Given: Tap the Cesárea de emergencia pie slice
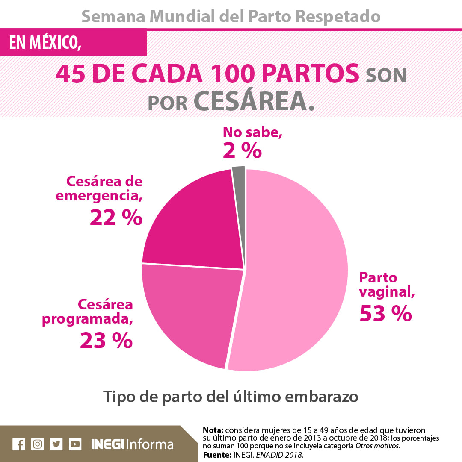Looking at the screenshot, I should point(197,222).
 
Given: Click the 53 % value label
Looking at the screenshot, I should point(385,313).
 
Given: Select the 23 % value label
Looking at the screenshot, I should point(106,341).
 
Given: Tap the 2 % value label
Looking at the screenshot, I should point(242,150).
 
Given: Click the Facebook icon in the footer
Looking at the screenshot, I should point(19,444).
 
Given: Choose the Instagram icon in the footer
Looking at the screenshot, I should point(38,444).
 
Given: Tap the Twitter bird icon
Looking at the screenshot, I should point(56,444).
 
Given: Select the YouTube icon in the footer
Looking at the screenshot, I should point(75,444).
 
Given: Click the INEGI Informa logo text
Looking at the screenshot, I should point(132,444).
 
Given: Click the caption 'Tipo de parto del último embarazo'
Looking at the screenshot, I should point(231,396).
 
